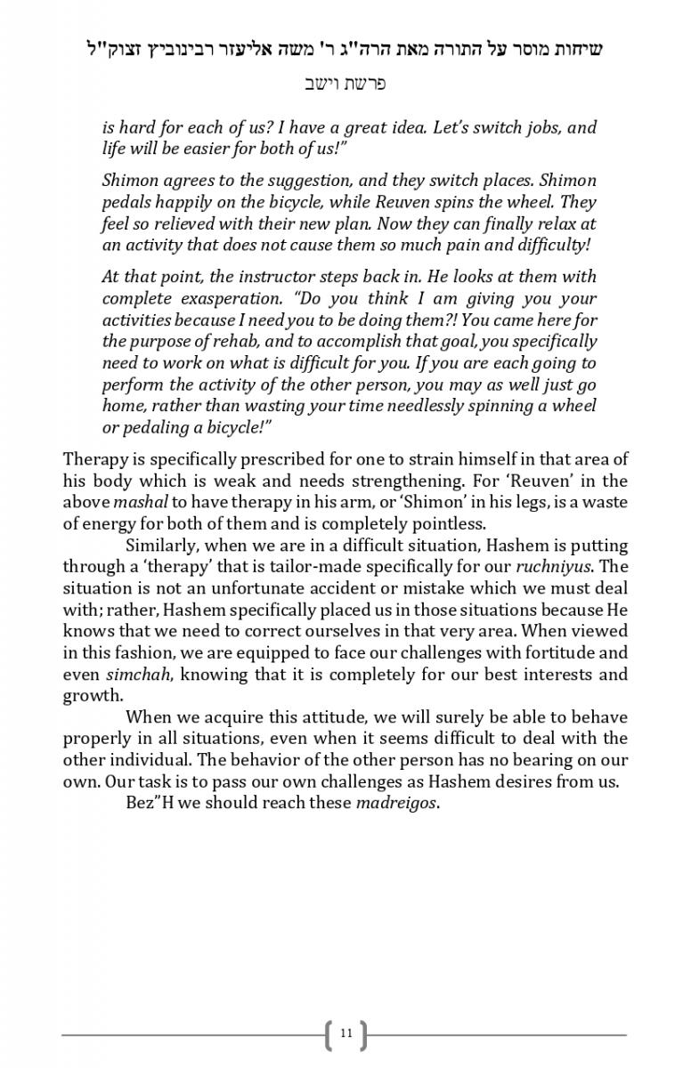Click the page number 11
click(x=346, y=1033)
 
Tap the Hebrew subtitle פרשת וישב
click(x=345, y=85)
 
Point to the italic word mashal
click(x=135, y=502)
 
